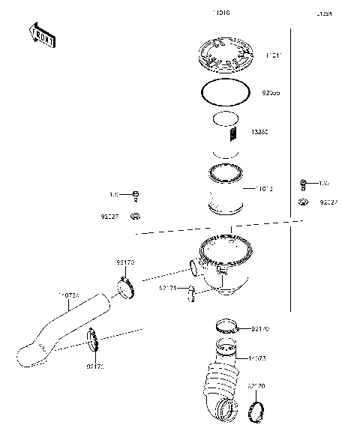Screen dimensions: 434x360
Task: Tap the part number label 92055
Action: click(x=272, y=94)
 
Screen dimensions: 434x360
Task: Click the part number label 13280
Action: click(x=271, y=132)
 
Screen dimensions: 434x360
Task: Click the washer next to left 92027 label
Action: click(x=136, y=217)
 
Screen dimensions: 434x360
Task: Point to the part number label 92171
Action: click(x=168, y=288)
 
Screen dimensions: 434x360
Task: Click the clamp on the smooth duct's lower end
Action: click(x=93, y=342)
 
